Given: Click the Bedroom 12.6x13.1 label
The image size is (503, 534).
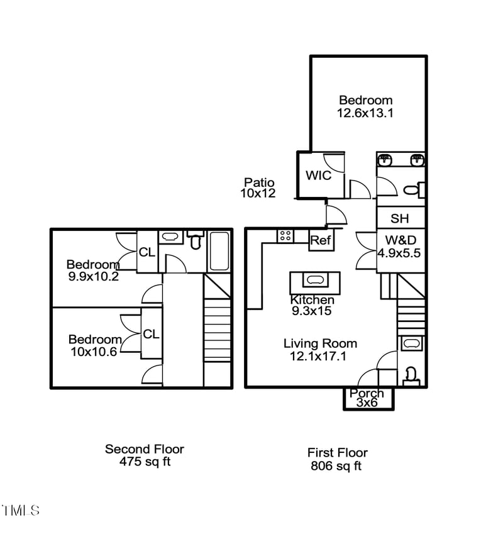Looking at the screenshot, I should click(x=365, y=106).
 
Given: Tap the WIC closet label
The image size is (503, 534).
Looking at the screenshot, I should click(x=318, y=175).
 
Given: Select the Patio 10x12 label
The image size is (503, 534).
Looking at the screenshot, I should click(x=258, y=188).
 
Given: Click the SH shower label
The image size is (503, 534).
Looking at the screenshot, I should click(x=399, y=219).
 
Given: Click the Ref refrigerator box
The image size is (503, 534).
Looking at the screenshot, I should click(x=321, y=240).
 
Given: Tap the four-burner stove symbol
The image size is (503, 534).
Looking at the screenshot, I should click(x=285, y=235).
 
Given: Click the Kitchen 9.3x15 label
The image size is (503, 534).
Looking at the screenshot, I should click(x=312, y=305).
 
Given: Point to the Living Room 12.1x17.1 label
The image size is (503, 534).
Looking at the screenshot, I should click(x=320, y=350).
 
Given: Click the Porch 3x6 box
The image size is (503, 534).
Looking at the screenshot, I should click(x=368, y=398).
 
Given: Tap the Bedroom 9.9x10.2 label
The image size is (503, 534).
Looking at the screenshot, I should click(x=93, y=270).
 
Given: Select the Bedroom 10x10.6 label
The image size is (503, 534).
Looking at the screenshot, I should click(x=94, y=345).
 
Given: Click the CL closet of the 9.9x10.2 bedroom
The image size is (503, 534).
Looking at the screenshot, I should click(x=146, y=252).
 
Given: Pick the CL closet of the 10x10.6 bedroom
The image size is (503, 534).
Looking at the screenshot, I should click(x=151, y=334).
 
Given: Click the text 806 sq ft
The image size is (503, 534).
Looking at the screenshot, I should click(x=336, y=466).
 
